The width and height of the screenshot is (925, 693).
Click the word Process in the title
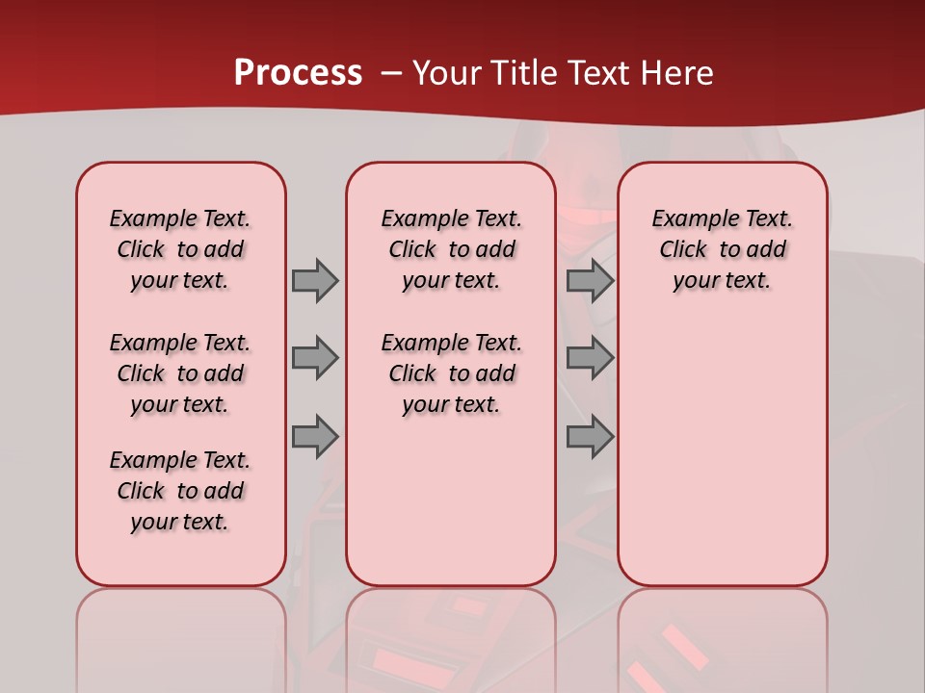pos(298,72)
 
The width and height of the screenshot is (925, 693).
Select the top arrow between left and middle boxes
pos(314,280)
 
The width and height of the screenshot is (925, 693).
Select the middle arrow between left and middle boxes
pos(314,358)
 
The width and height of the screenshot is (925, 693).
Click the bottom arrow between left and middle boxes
pos(314,437)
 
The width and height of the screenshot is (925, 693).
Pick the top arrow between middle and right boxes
pos(590,280)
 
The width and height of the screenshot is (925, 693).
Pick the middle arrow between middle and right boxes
pos(590,358)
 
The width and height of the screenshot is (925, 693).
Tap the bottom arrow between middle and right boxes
pos(590,437)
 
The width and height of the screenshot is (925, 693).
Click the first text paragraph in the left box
pos(180,249)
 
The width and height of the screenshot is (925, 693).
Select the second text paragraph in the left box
pos(180,373)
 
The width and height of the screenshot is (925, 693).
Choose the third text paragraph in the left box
pos(180,491)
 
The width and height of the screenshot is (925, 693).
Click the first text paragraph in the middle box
pos(451,249)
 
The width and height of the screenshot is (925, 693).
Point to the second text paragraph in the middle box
pos(451,373)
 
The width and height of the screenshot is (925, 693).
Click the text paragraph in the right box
pos(723,249)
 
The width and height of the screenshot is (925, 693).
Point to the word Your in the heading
pos(447,73)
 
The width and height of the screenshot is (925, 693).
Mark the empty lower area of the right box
pos(723,452)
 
